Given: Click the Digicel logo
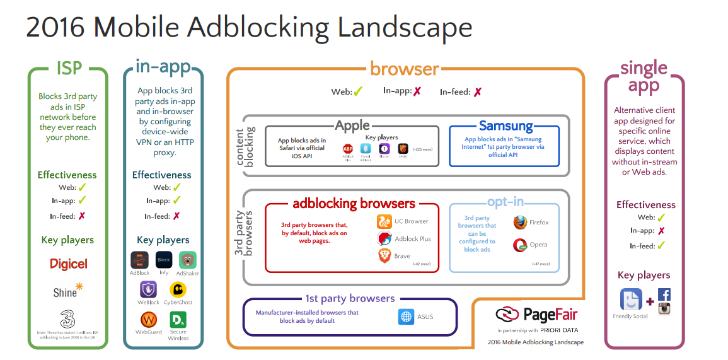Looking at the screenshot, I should [69, 264].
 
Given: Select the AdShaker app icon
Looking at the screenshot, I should [187, 260].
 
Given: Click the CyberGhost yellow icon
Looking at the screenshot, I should [178, 289].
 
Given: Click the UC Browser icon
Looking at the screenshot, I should [384, 221].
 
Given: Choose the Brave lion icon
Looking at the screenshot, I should [384, 255].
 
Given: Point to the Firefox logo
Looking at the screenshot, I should [520, 223].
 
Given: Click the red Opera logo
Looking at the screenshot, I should [520, 245].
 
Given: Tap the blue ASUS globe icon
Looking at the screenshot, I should [406, 316].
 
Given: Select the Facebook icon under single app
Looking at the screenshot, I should [664, 294].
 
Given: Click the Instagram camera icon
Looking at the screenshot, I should [664, 308].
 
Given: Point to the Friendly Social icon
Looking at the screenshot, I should [631, 299].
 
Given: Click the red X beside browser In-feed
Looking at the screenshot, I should [477, 92].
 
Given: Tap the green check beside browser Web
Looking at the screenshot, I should [358, 92].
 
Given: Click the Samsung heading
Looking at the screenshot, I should [506, 125].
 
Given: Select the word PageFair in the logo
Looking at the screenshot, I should [550, 315].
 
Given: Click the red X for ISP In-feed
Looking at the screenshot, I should [81, 216].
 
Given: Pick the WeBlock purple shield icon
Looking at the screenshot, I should [149, 289].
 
